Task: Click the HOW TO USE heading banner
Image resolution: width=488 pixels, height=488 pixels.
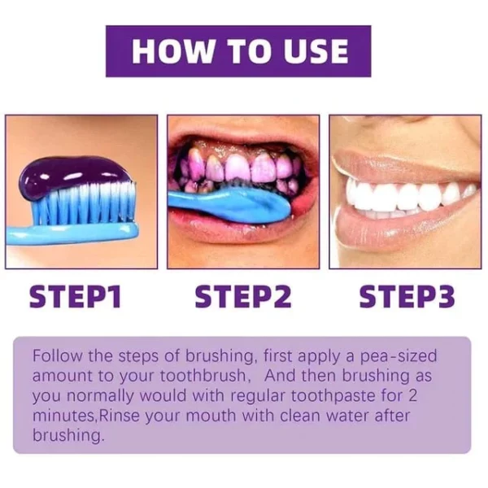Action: click(x=238, y=50)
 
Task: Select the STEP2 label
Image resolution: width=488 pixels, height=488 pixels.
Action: click(x=242, y=298)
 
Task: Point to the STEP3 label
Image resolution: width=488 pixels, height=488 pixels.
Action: click(x=407, y=298)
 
